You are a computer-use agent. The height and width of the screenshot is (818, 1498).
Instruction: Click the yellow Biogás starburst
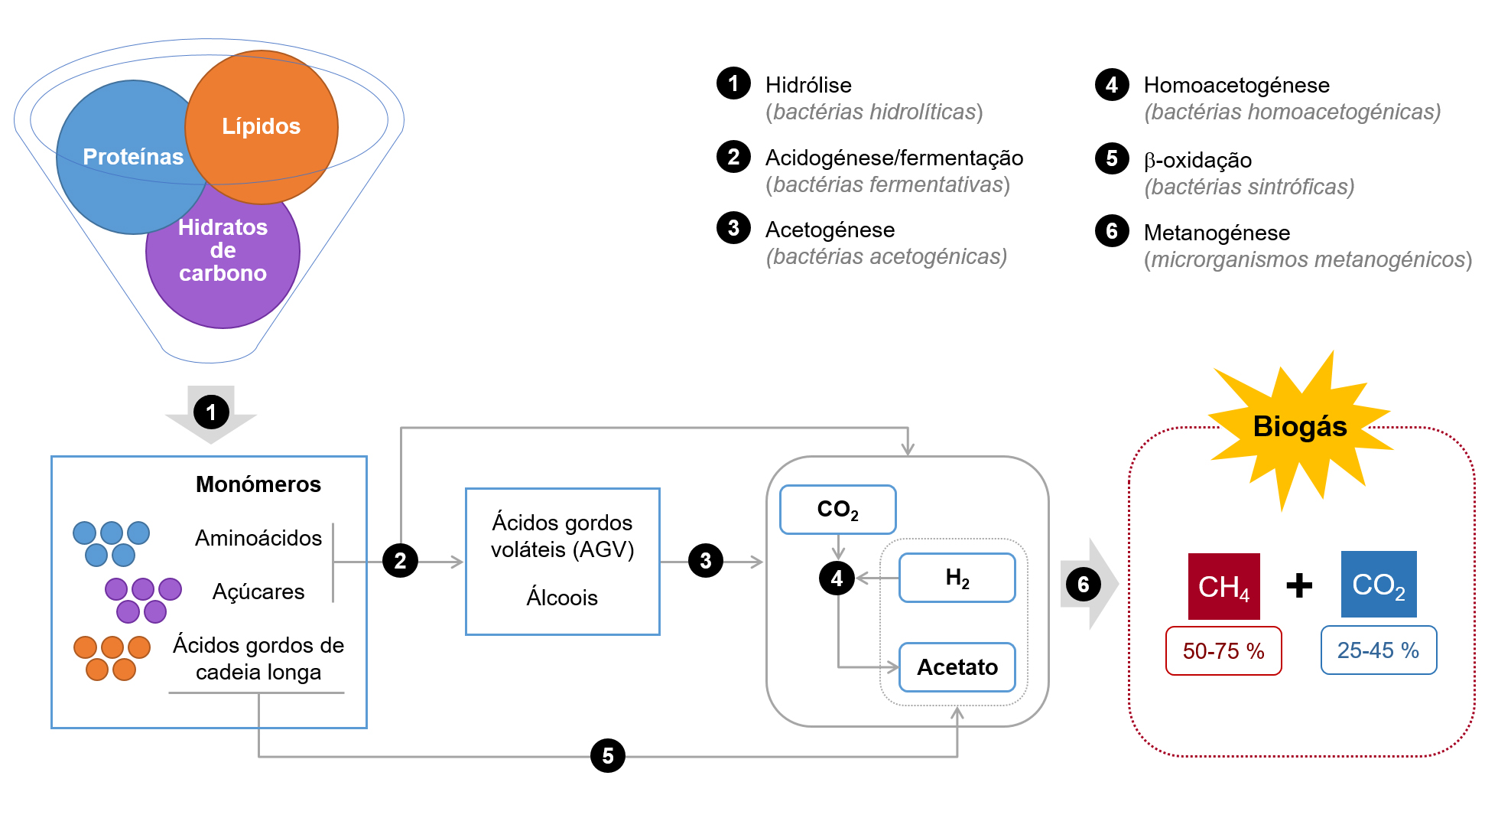pos(1299,427)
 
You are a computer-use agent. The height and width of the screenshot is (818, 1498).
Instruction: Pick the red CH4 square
pos(1223,586)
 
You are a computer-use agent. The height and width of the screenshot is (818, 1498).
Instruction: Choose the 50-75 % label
pos(1223,651)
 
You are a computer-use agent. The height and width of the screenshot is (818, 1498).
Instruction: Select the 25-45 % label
pos(1378,650)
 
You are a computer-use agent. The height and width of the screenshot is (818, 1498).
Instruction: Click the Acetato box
pos(957,667)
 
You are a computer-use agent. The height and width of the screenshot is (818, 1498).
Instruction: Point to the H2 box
pos(957,578)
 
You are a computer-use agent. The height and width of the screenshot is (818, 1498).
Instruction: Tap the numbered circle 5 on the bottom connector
pos(608,756)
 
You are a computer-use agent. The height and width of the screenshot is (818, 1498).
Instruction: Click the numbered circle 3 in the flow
pos(706,561)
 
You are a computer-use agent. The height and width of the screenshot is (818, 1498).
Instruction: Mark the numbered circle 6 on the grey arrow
pos(1084,585)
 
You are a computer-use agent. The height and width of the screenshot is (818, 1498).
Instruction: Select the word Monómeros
pos(258,484)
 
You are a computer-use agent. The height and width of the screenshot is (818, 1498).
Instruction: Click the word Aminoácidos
pos(258,538)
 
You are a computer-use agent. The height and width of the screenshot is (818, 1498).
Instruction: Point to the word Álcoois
pos(562,598)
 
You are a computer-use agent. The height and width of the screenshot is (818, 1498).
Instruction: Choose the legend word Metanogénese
pos(1217,233)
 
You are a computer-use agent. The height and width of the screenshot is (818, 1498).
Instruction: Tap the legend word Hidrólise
pos(808,85)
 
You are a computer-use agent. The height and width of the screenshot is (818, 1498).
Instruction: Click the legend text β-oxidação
pos(1197,160)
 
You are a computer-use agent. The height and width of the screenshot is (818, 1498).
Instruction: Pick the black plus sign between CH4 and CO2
pos(1299,586)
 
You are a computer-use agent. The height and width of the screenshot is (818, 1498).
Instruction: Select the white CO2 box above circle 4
pos(837,510)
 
